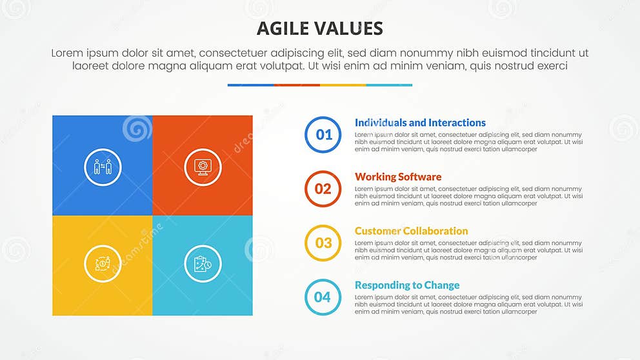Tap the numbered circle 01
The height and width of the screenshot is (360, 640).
323,135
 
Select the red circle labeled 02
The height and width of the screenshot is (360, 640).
323,189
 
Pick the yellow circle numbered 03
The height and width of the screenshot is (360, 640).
323,243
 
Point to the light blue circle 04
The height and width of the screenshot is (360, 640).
323,297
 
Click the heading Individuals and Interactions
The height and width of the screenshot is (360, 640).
420,123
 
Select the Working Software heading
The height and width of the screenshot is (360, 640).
398,177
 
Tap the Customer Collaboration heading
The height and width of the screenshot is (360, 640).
411,231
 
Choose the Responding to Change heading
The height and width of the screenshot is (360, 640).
407,285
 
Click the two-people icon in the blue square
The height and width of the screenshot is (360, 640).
103,167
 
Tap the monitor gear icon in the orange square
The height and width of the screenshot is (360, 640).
203,167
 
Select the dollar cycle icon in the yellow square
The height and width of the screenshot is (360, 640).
103,263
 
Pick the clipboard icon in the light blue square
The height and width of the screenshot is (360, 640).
203,263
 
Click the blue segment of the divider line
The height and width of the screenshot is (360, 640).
250,85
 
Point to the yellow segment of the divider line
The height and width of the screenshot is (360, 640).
343,85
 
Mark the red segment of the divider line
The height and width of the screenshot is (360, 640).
297,85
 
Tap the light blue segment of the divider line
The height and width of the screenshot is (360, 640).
389,85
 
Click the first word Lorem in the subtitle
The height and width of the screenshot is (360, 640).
68,54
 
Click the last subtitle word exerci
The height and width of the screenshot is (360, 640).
551,66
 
